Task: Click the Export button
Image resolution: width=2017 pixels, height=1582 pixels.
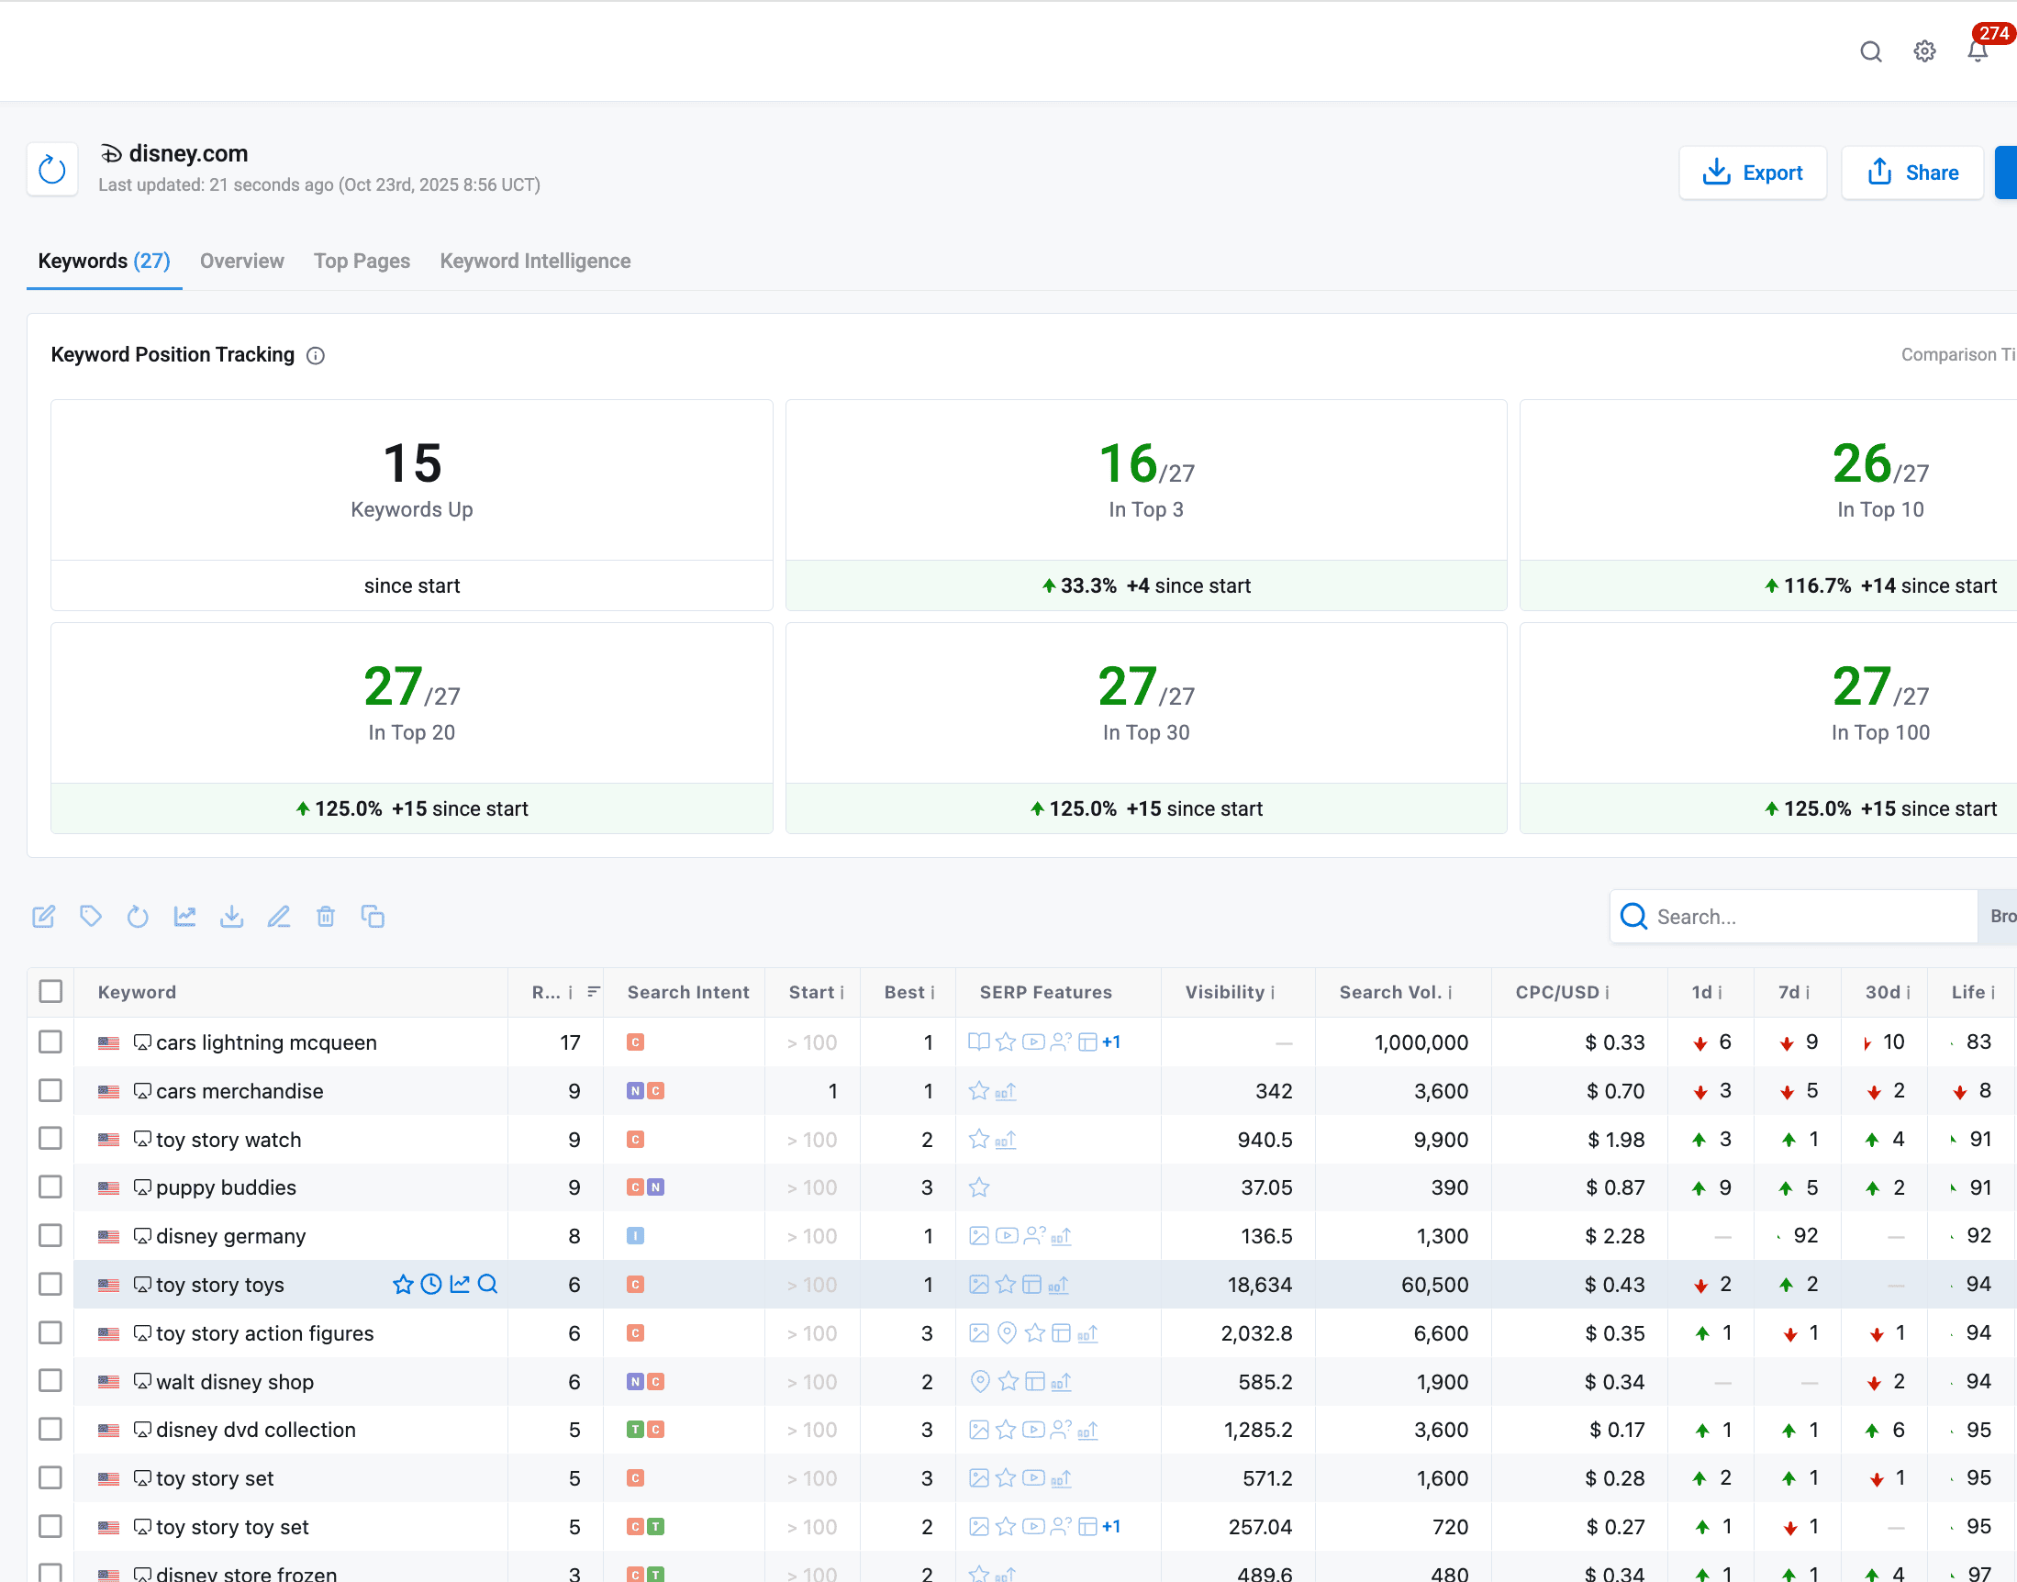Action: (x=1752, y=173)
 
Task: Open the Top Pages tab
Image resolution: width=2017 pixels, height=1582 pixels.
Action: (x=362, y=262)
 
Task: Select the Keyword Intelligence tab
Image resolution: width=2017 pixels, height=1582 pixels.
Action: (x=534, y=262)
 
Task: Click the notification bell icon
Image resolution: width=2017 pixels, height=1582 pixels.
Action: (x=1977, y=52)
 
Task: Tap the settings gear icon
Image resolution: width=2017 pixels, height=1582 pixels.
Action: (x=1924, y=52)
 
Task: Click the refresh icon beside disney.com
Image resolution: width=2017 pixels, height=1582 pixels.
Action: (x=52, y=170)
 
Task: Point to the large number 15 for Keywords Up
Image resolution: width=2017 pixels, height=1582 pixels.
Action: (x=411, y=463)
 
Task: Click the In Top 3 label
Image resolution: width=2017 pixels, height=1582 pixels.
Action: (x=1145, y=509)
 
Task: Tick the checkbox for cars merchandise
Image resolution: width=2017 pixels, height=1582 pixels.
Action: (x=51, y=1090)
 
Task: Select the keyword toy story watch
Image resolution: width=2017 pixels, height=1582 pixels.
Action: (x=228, y=1140)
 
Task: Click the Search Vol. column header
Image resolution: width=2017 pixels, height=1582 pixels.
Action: (x=1389, y=992)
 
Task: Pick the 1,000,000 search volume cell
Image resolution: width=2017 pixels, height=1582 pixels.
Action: (x=1421, y=1042)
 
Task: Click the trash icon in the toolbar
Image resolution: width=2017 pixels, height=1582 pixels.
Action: (x=325, y=917)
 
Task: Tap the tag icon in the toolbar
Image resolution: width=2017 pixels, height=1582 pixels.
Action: (x=91, y=917)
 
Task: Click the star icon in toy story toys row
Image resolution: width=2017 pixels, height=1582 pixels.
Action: (x=402, y=1284)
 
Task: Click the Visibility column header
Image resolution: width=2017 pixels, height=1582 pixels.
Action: (x=1223, y=992)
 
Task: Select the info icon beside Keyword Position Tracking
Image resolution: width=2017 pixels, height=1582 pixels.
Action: (x=316, y=356)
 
